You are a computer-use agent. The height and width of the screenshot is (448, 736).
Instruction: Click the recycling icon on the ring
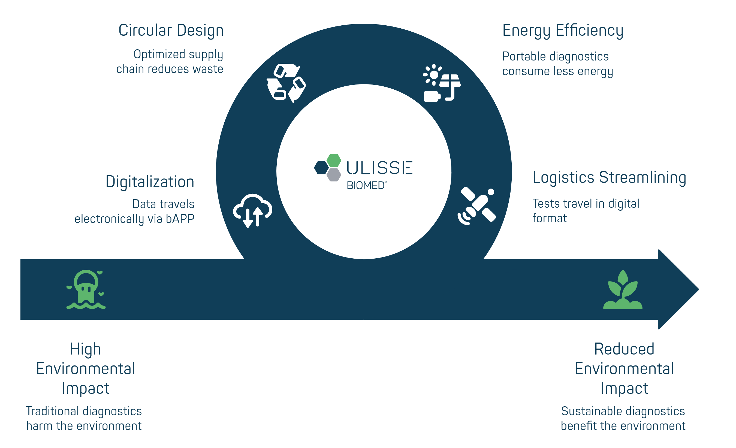pyautogui.click(x=286, y=83)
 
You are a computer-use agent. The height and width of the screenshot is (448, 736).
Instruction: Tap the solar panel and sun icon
pyautogui.click(x=442, y=83)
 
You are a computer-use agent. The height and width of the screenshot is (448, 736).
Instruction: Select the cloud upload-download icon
pyautogui.click(x=253, y=211)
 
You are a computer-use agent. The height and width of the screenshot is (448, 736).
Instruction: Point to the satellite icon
pyautogui.click(x=477, y=206)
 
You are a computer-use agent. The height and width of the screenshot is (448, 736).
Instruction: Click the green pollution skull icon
pyautogui.click(x=86, y=289)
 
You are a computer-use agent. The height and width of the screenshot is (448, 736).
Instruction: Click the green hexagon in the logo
pyautogui.click(x=334, y=161)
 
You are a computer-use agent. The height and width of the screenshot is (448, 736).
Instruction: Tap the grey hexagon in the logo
pyautogui.click(x=334, y=175)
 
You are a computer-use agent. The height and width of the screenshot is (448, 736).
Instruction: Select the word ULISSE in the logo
pyautogui.click(x=379, y=168)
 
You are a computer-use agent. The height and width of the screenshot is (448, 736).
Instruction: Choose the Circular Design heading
pyautogui.click(x=171, y=31)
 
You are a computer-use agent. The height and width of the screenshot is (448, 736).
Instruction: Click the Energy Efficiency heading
pyautogui.click(x=563, y=31)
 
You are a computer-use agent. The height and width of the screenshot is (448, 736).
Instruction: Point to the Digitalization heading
pyautogui.click(x=150, y=181)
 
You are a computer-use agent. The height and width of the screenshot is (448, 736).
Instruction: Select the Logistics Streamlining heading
pyautogui.click(x=609, y=177)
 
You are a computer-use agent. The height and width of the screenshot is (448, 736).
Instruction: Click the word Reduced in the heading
pyautogui.click(x=624, y=349)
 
